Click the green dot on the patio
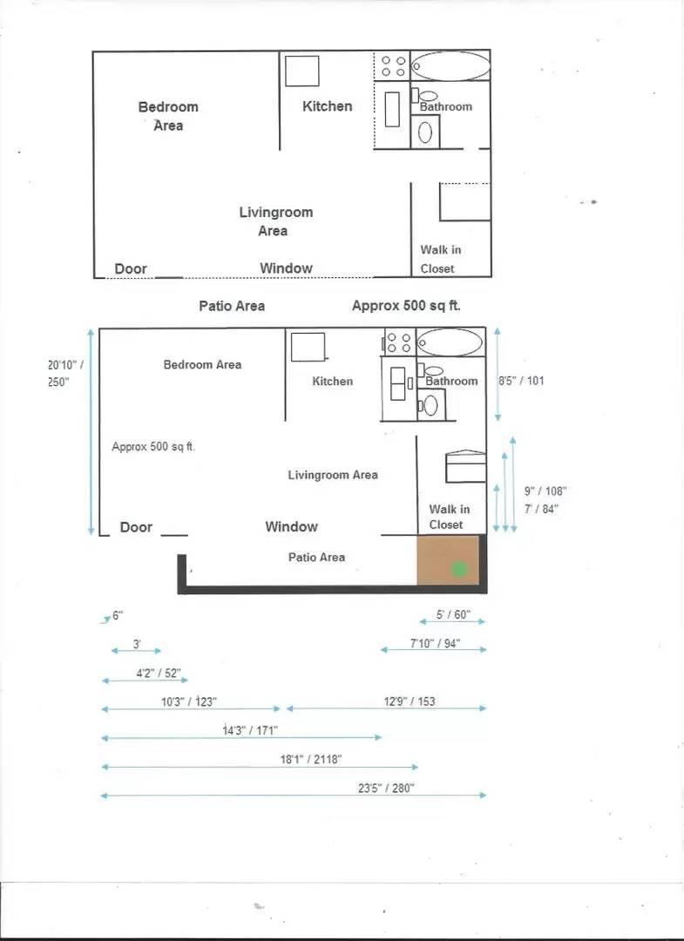(x=459, y=569)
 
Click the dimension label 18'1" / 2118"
(x=310, y=759)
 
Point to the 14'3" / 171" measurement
(x=250, y=730)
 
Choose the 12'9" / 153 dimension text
(x=410, y=701)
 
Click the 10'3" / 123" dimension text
(x=189, y=701)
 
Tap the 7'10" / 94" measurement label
(x=435, y=644)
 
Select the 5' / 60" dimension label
(x=453, y=615)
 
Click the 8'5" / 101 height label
(x=521, y=381)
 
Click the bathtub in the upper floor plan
(x=450, y=66)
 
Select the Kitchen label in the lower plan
(x=333, y=382)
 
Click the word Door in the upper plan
(x=131, y=269)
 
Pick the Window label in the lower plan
(x=291, y=526)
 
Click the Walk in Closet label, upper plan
(x=440, y=259)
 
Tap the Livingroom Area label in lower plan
(x=333, y=475)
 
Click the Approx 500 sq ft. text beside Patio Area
(x=406, y=306)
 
